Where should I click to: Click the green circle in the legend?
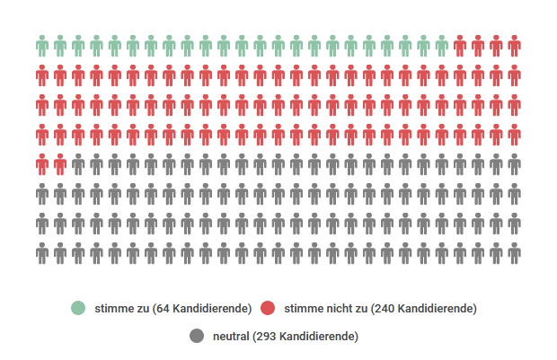(78, 309)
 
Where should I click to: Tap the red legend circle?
(268, 309)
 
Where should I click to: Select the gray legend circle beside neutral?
(197, 337)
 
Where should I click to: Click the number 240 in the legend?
(384, 309)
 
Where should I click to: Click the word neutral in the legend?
(233, 337)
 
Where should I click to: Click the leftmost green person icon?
(42, 45)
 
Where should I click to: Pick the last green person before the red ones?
(441, 45)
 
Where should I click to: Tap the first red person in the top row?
(460, 45)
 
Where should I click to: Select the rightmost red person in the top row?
(514, 45)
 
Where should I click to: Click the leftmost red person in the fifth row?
(42, 164)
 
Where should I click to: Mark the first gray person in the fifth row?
(78, 164)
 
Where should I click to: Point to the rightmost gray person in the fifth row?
(514, 164)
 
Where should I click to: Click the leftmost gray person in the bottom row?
(42, 253)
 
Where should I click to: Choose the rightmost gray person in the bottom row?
(514, 253)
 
